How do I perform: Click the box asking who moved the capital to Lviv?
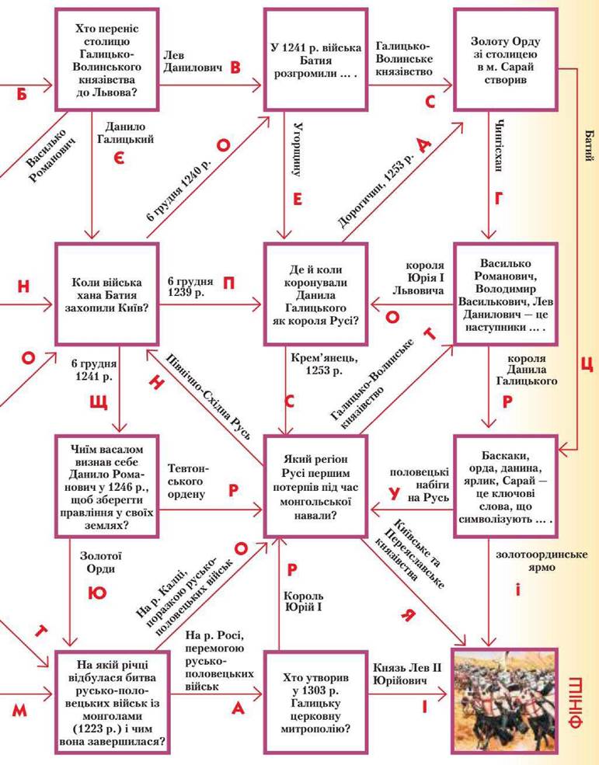pos(106,61)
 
